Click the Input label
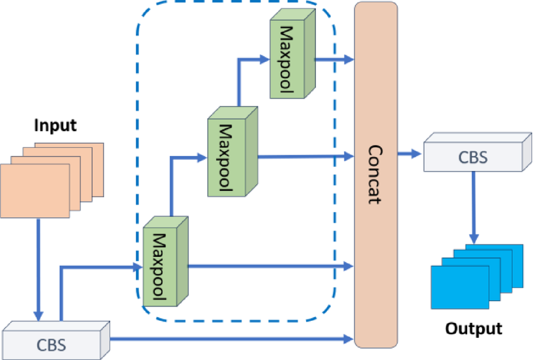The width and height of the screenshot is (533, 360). pyautogui.click(x=55, y=125)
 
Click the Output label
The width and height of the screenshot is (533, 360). pyautogui.click(x=474, y=329)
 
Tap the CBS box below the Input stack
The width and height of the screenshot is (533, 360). pyautogui.click(x=52, y=341)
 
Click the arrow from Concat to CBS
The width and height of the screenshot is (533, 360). pyautogui.click(x=410, y=155)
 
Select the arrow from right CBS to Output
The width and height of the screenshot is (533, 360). pyautogui.click(x=474, y=209)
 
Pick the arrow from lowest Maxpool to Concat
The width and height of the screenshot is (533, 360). pyautogui.click(x=270, y=266)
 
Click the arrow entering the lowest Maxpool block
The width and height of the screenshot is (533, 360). pyautogui.click(x=98, y=267)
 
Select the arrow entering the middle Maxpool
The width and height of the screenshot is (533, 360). pyautogui.click(x=186, y=157)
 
